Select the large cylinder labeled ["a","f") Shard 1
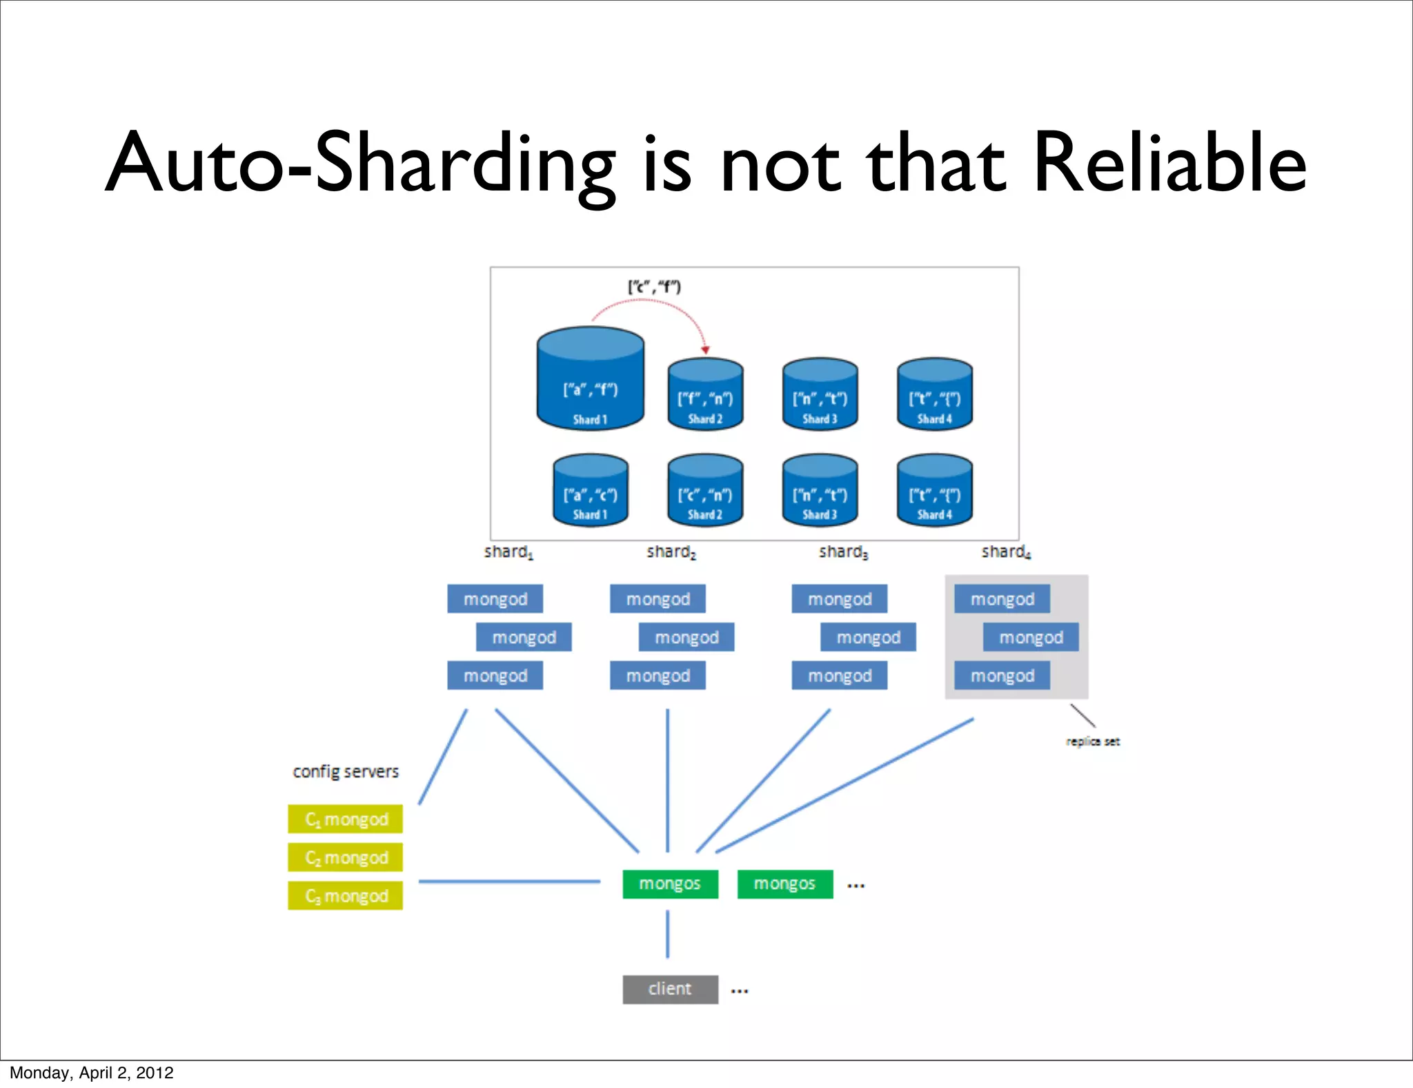tap(590, 380)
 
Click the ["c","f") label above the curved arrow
tap(654, 286)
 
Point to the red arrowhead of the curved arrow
tap(705, 350)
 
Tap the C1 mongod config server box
tap(346, 819)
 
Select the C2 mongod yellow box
tap(346, 857)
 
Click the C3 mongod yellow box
tap(346, 896)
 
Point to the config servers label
tap(346, 771)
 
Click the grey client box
tap(670, 989)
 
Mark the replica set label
tap(1093, 741)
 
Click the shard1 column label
tap(508, 552)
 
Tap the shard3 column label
tap(843, 552)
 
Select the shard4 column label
tap(1006, 552)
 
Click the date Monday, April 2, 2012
tap(92, 1073)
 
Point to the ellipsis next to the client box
tap(740, 991)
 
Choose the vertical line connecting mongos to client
tap(667, 934)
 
